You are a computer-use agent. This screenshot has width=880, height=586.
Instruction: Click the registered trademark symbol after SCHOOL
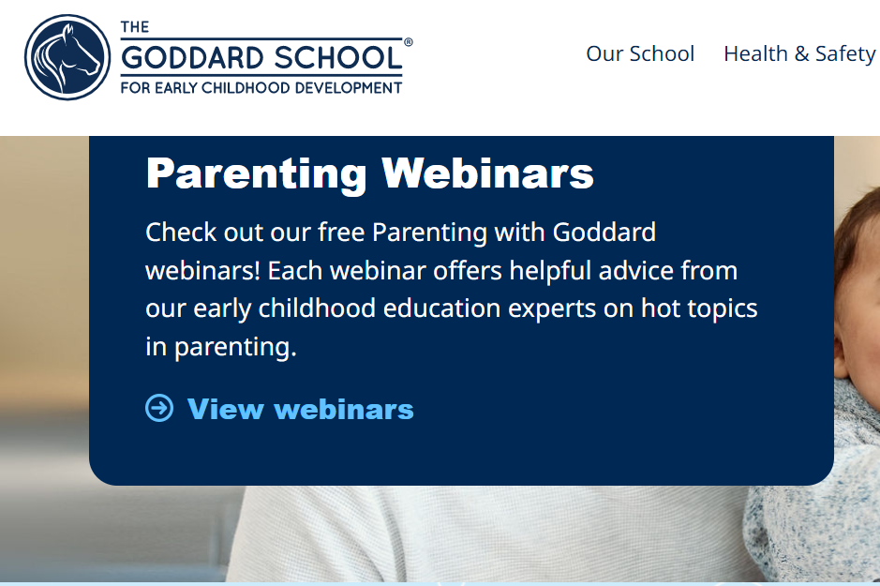pos(408,42)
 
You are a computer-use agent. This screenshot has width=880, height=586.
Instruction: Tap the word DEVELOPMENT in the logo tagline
pos(348,88)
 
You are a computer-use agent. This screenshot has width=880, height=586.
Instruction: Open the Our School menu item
pos(640,53)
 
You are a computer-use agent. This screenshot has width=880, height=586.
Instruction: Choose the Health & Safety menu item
pos(799,53)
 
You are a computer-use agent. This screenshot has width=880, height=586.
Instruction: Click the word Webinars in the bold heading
pos(486,173)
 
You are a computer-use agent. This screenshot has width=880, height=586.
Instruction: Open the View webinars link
pos(300,409)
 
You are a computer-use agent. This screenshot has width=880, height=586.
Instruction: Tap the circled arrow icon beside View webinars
pos(159,408)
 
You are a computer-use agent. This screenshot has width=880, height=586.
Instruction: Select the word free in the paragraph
pos(342,232)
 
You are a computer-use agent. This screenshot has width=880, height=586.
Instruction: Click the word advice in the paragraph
pos(636,271)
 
